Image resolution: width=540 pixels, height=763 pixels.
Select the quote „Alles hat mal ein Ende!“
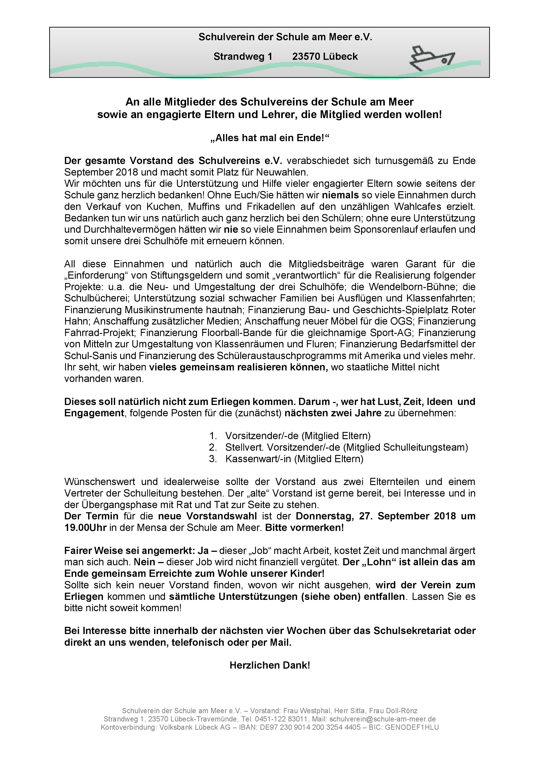(x=270, y=138)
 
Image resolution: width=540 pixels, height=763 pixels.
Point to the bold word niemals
(x=340, y=195)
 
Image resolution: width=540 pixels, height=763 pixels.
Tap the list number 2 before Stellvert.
(x=213, y=448)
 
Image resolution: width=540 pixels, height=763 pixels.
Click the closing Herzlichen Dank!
(x=270, y=665)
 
